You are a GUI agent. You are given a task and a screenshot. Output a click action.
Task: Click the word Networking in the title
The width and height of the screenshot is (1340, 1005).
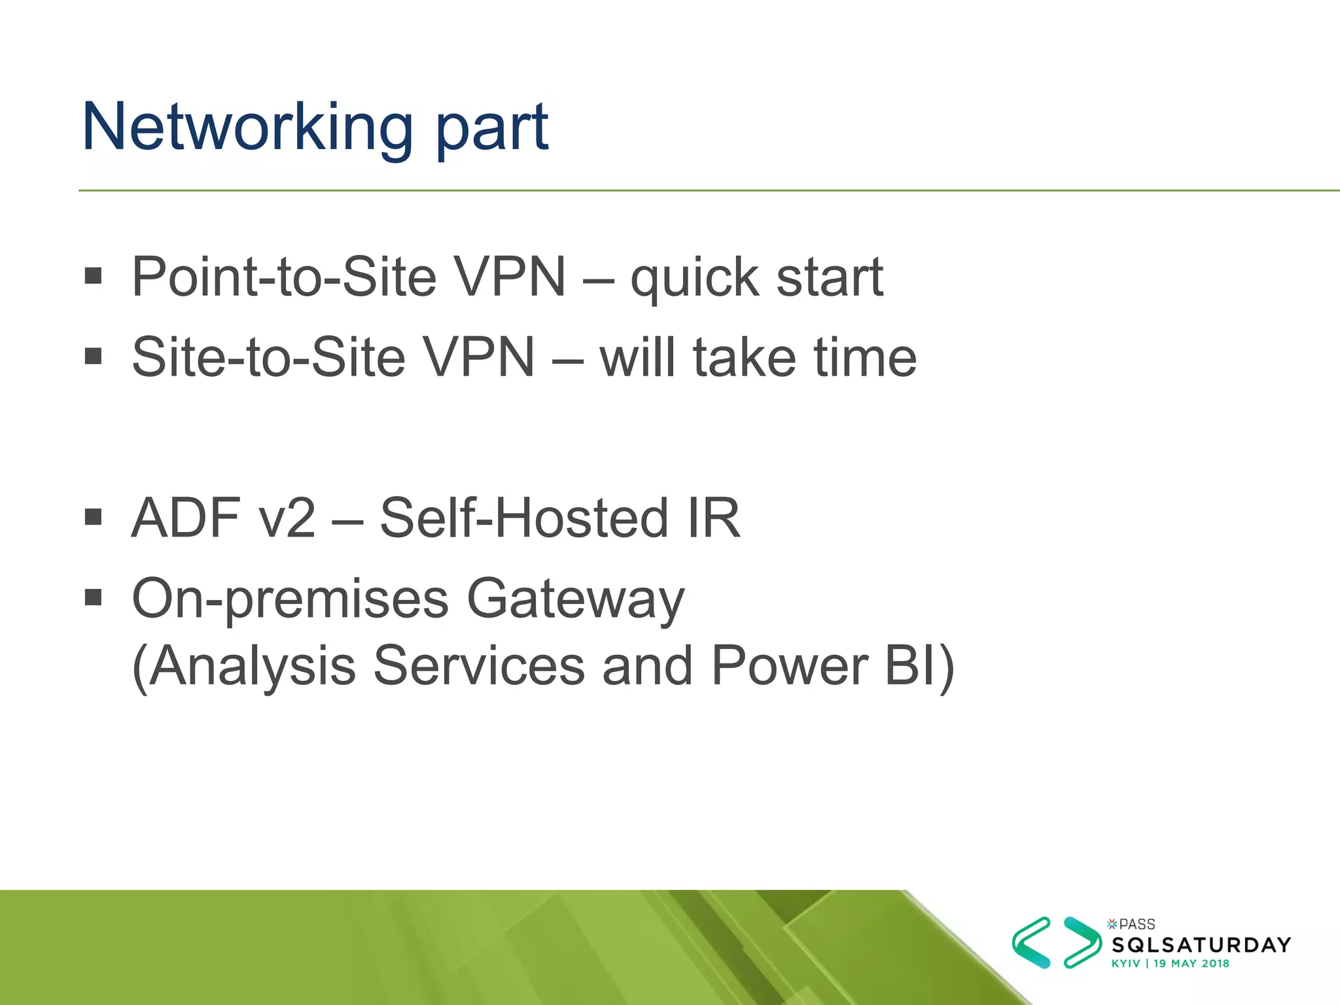pyautogui.click(x=247, y=128)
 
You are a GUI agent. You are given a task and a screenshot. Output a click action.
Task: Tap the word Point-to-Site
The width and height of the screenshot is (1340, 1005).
pyautogui.click(x=283, y=277)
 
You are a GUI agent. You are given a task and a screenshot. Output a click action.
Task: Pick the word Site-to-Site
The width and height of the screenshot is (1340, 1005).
pyautogui.click(x=268, y=357)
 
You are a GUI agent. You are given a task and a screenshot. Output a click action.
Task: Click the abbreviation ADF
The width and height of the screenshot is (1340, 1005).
pyautogui.click(x=186, y=518)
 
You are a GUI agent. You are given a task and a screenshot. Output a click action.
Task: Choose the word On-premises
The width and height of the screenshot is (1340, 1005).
pyautogui.click(x=291, y=599)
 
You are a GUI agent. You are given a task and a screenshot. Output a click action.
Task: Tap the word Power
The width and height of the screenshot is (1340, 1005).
pyautogui.click(x=788, y=666)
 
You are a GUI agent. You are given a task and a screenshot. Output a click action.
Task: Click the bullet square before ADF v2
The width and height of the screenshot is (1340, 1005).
pyautogui.click(x=94, y=518)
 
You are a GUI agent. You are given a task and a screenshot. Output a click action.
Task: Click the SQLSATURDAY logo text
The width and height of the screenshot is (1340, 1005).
pyautogui.click(x=1201, y=945)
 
